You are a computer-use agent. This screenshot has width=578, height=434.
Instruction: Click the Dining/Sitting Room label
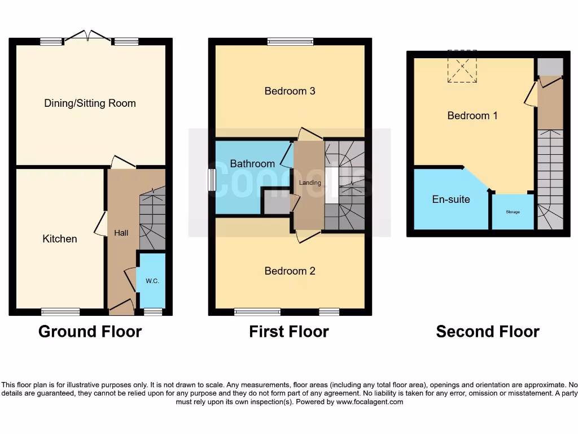point(90,103)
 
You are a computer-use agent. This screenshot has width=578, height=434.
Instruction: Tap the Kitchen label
point(60,239)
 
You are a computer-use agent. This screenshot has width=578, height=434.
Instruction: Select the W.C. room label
point(152,281)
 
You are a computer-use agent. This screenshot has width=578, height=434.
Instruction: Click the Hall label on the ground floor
point(121,232)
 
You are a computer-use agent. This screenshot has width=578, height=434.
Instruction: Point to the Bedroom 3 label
point(290,91)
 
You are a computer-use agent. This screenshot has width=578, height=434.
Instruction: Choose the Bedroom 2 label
point(290,271)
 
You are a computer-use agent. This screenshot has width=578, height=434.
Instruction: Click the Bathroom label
point(252,164)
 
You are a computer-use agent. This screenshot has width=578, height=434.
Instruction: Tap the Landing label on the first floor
point(309,183)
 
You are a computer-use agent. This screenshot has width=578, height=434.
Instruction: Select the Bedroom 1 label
point(472,116)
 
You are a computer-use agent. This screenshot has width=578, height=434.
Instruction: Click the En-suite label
point(451,199)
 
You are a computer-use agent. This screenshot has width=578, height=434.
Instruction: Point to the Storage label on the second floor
point(513,212)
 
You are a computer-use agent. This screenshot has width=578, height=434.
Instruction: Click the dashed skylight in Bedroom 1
point(462,67)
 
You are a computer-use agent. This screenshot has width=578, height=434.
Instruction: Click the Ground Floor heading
point(90,332)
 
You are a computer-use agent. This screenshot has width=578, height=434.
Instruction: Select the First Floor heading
point(289,332)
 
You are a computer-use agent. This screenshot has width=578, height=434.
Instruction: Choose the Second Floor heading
point(488,332)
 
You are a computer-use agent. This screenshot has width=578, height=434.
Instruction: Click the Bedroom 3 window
point(290,41)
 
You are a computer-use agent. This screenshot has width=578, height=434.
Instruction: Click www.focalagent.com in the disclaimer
point(369,402)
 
